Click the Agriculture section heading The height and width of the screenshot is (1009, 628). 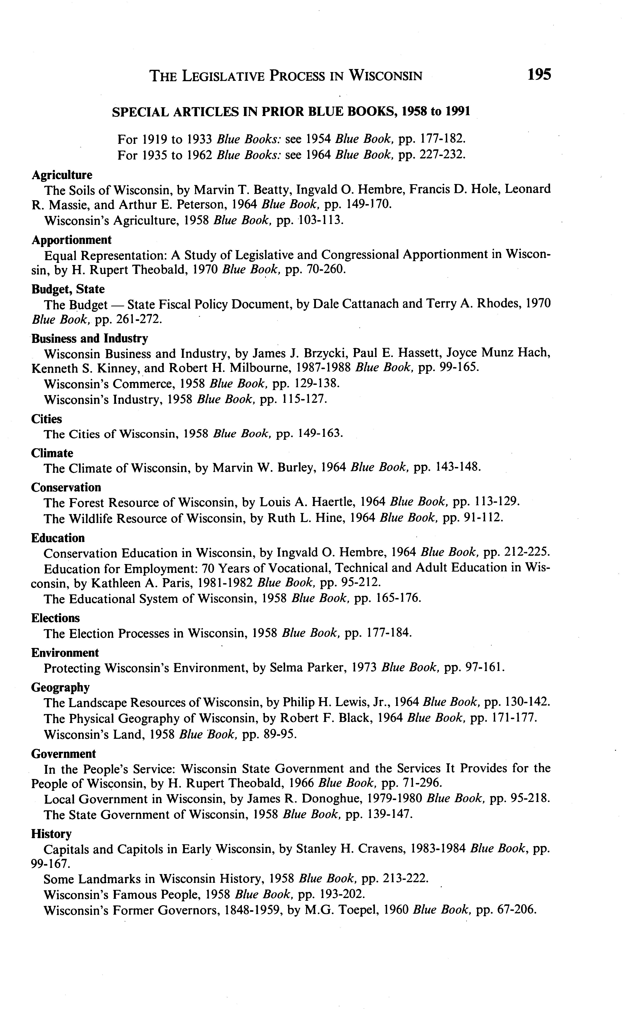62,175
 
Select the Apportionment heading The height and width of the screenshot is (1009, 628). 71,240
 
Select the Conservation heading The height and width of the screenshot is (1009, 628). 66,487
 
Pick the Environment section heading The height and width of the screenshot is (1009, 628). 65,653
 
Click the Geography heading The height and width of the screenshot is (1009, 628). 60,687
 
